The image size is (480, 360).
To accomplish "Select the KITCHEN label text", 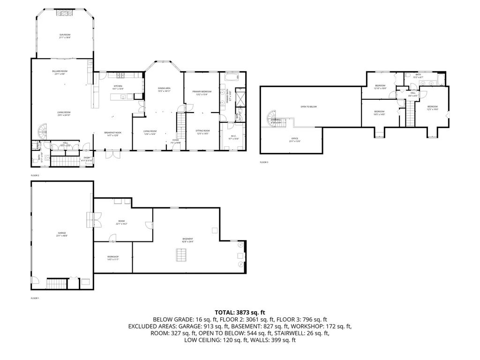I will coord(118,87).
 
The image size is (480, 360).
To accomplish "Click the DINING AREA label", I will coord(164,89).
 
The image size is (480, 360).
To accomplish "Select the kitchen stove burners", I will coord(120,75).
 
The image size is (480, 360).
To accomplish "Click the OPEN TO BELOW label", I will coord(308,107).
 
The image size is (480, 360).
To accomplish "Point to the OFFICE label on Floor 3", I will coord(295,139).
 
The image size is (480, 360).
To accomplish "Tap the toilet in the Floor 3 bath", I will coord(407,75).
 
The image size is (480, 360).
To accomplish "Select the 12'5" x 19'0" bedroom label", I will coord(432,107).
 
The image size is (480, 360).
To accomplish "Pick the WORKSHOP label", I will coord(112,257).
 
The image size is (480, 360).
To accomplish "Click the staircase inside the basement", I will coord(180,255).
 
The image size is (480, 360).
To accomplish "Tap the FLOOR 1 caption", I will coord(35,298).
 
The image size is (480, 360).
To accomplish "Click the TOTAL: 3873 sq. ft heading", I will coord(240,312).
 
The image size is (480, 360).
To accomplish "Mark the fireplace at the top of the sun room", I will coord(64,13).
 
